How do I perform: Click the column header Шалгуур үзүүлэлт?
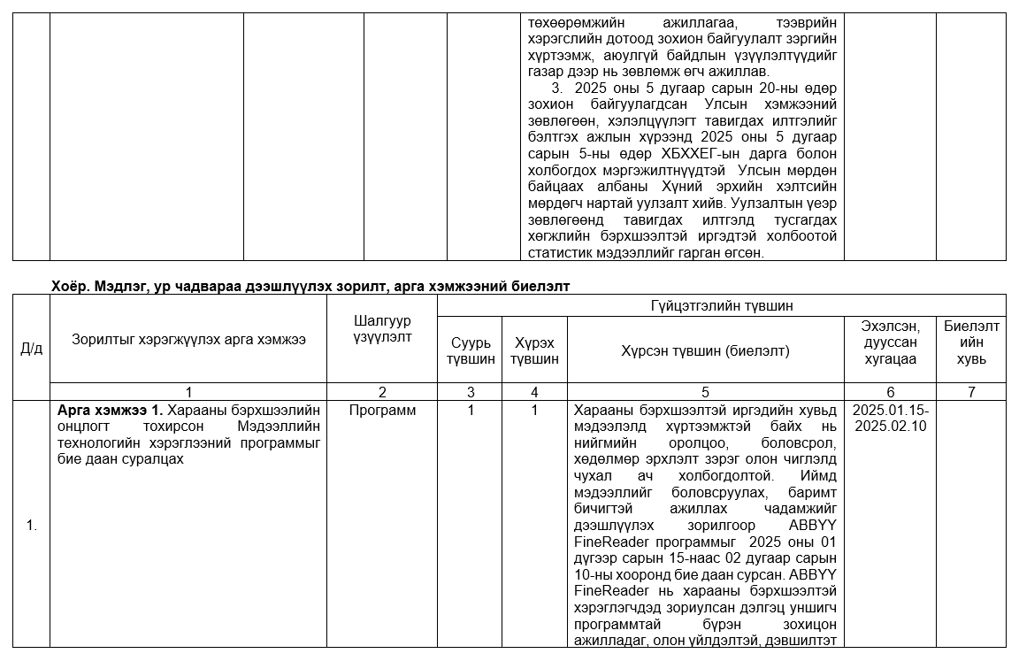[381, 329]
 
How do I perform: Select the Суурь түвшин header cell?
[470, 350]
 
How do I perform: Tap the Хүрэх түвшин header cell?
[534, 350]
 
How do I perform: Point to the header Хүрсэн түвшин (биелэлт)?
[705, 350]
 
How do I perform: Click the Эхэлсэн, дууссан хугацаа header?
[889, 342]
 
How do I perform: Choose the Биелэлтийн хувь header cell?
[970, 342]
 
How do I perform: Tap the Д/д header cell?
[31, 348]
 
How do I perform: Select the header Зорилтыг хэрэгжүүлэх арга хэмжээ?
[188, 339]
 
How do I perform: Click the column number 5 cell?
[705, 391]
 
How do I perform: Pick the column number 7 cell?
[970, 391]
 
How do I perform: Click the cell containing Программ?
[381, 411]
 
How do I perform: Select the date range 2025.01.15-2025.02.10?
[889, 418]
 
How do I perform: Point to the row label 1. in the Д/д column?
[31, 526]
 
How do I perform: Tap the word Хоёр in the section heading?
[67, 286]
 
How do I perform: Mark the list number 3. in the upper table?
[556, 88]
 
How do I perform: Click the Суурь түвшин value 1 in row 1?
[470, 411]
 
